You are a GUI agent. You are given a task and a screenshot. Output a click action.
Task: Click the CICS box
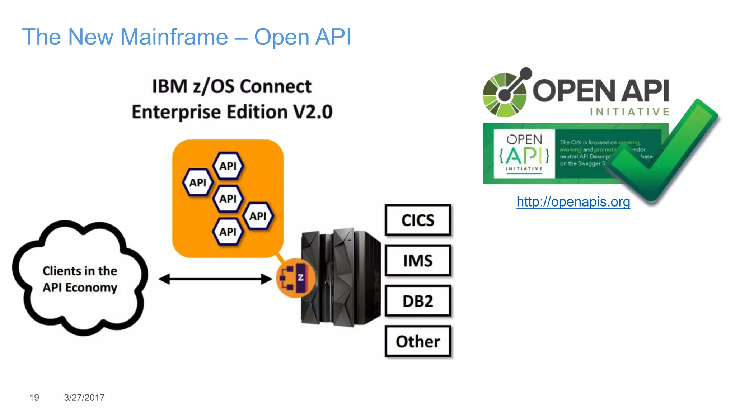tap(418, 220)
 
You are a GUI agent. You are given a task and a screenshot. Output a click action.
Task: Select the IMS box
tap(418, 261)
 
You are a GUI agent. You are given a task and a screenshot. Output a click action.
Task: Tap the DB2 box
tap(418, 301)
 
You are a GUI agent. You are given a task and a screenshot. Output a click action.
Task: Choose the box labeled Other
tap(418, 341)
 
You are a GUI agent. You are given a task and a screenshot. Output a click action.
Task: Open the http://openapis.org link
tap(573, 202)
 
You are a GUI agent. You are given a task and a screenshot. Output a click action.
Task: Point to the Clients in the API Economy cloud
tap(80, 279)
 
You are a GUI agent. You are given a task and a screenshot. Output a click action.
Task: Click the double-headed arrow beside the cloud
tap(215, 279)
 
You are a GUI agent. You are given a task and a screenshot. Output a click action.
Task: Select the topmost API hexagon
tap(228, 166)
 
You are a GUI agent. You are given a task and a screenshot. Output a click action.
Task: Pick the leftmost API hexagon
tap(198, 182)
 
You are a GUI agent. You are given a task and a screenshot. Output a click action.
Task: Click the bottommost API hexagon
tap(228, 232)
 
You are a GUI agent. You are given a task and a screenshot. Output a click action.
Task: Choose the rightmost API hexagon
tap(258, 216)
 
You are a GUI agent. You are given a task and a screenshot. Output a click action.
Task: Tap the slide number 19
tap(34, 398)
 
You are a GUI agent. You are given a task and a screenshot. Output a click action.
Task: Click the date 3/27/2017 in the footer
tap(84, 398)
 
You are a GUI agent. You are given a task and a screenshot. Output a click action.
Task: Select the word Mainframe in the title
tap(174, 37)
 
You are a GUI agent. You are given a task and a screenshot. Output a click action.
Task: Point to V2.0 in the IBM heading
tap(313, 112)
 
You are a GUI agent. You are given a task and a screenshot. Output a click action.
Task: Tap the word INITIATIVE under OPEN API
tap(629, 112)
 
